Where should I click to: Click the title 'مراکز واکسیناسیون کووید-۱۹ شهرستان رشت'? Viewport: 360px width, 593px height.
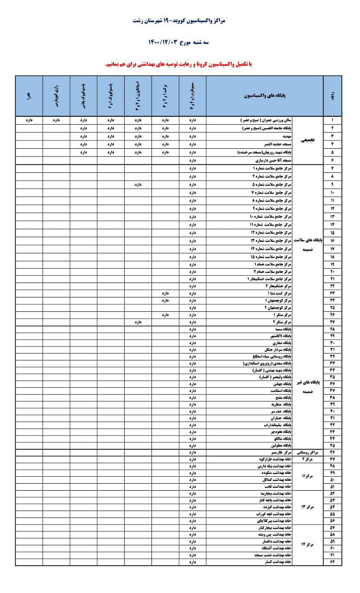coord(179,21)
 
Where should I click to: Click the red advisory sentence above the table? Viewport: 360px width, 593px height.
coord(179,63)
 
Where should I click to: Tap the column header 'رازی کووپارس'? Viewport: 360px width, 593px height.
coord(56,95)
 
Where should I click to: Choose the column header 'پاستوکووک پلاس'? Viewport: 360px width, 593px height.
coord(83,95)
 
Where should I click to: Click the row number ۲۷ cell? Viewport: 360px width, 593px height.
coord(333,321)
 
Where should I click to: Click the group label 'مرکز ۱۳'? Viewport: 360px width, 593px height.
coord(308,506)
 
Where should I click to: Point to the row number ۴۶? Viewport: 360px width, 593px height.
coord(333,451)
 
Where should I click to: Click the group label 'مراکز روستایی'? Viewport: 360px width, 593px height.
coord(308,451)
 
